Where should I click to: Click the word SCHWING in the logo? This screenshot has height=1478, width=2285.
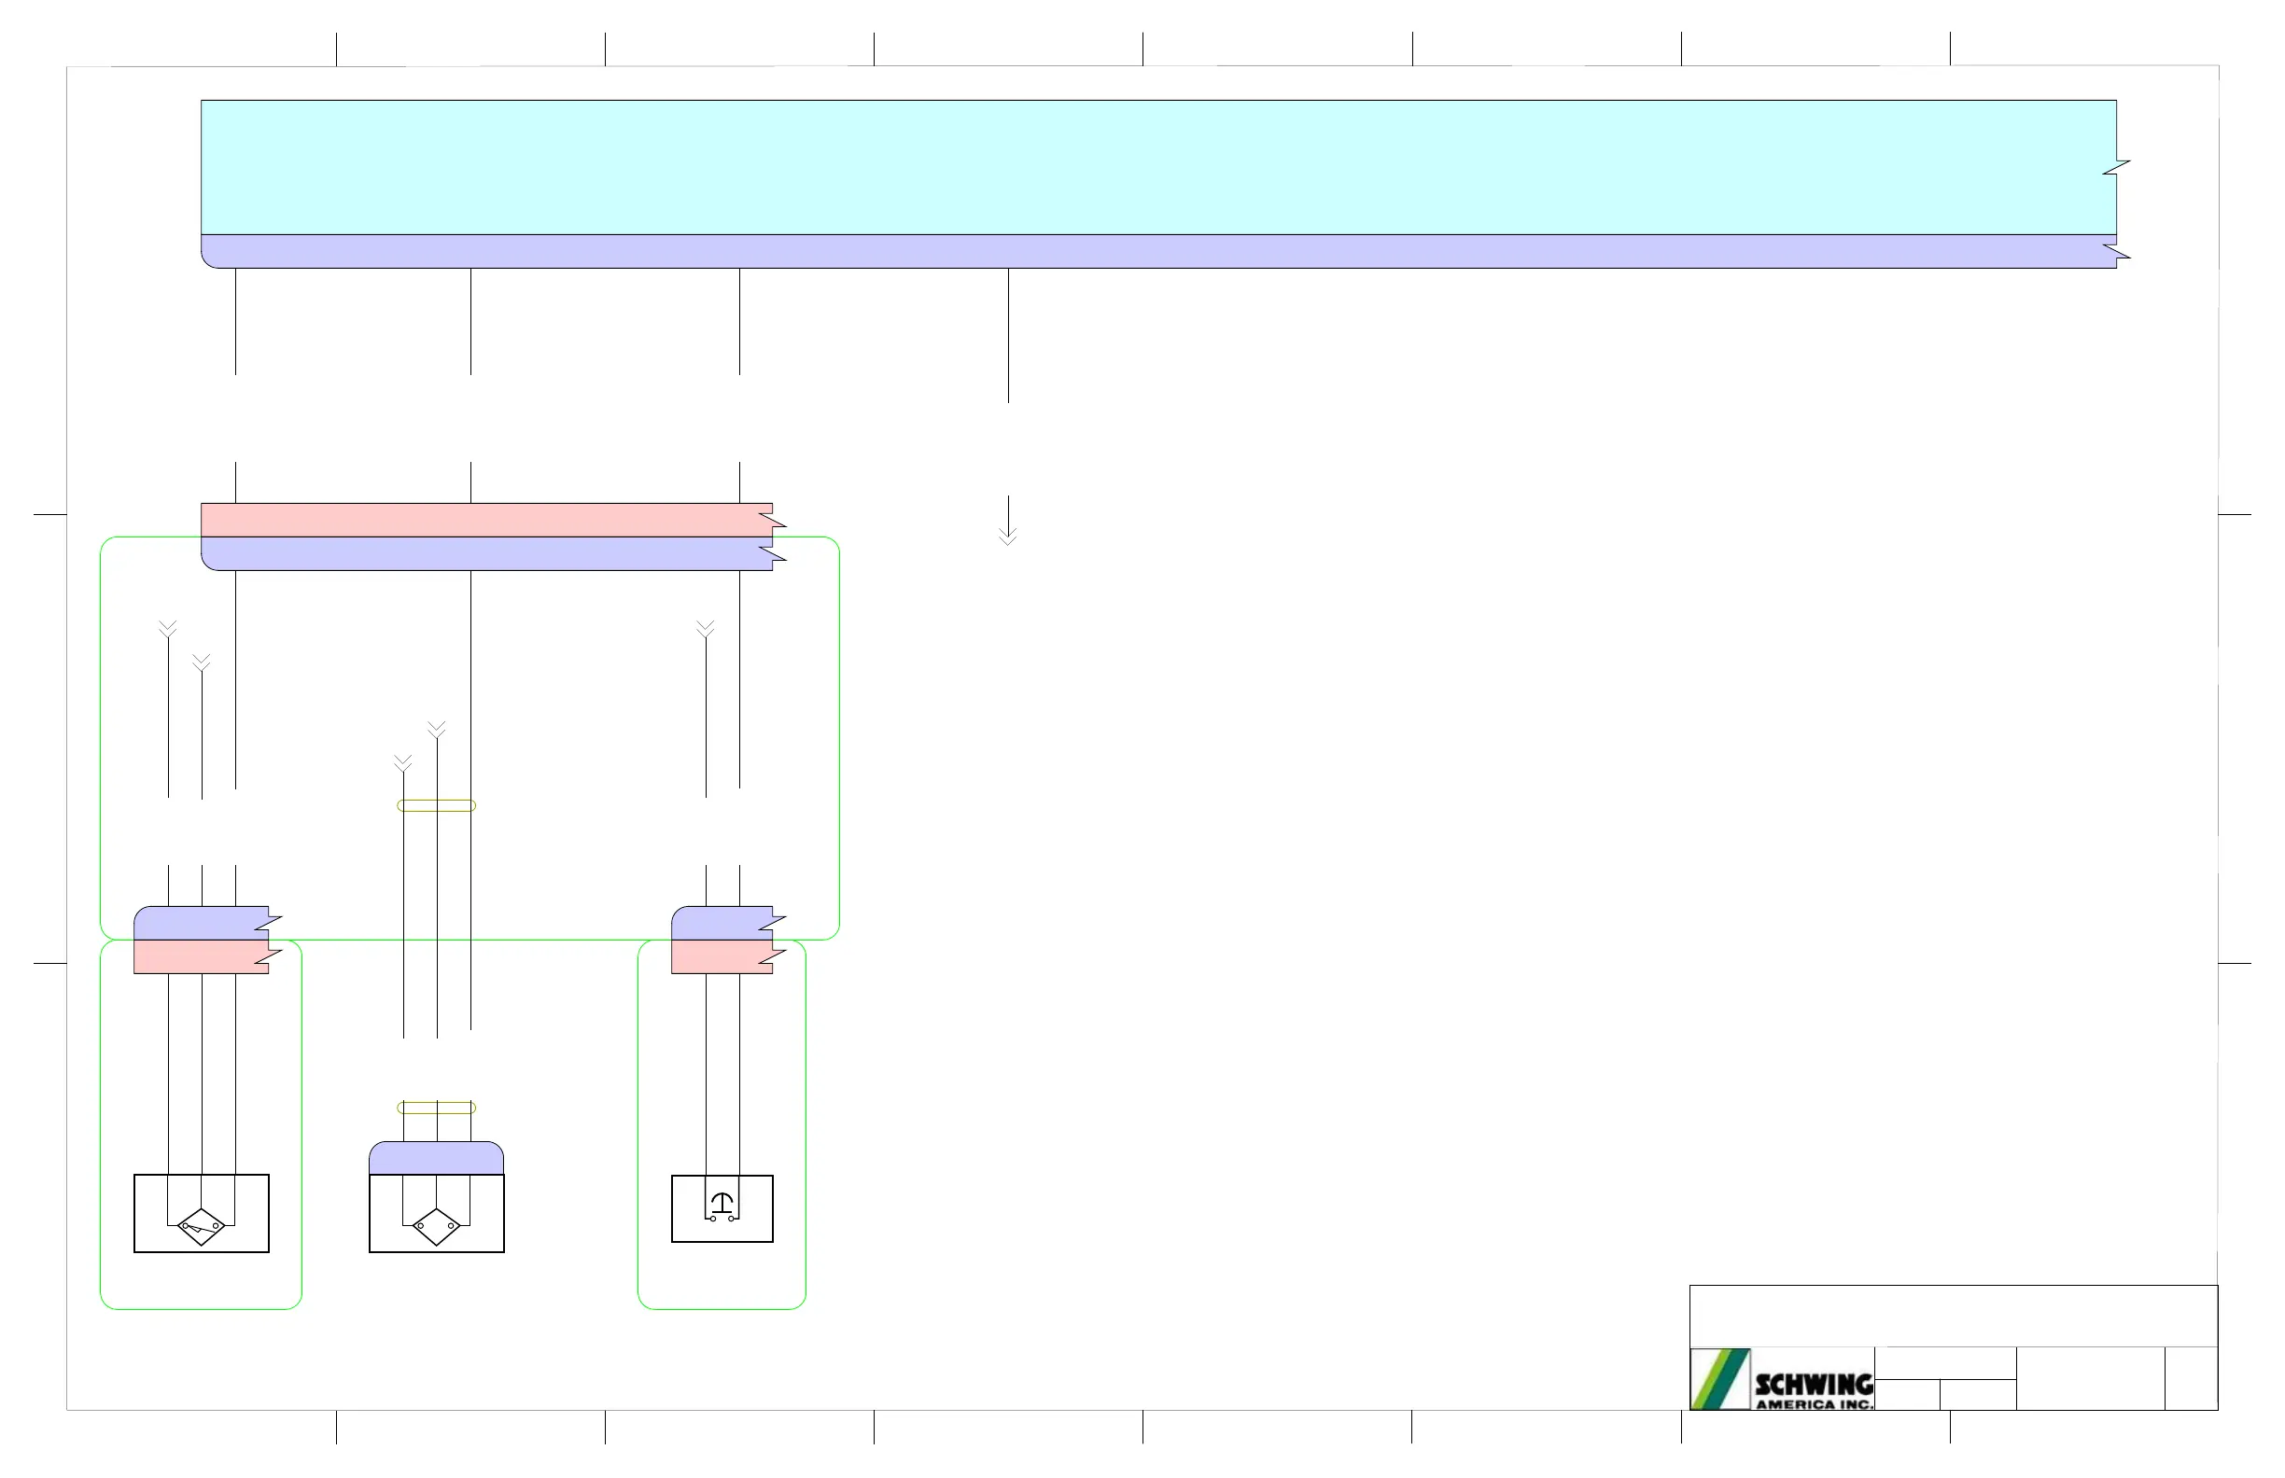coord(1814,1384)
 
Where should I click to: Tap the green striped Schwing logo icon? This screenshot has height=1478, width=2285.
coord(1719,1379)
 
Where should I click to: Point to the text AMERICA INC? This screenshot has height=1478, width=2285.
coord(1814,1404)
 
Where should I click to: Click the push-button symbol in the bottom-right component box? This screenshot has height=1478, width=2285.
coord(722,1206)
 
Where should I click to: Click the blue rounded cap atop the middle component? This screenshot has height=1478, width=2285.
coord(437,1158)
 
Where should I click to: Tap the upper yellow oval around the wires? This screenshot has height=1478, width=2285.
coord(437,805)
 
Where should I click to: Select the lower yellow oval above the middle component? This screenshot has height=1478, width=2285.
coord(437,1108)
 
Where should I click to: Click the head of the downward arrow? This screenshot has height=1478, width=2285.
coord(1008,537)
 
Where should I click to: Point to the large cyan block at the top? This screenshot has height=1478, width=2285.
coord(1152,167)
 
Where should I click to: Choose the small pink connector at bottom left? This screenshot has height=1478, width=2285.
coord(202,956)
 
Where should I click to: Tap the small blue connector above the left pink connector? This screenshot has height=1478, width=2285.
coord(202,923)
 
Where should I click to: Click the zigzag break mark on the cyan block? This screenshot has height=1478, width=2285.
coord(2116,168)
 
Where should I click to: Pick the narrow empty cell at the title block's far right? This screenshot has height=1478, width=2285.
coord(2191,1378)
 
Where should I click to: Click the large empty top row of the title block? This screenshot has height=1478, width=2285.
coord(1953,1316)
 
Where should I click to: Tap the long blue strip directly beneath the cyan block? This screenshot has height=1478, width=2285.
coord(1152,251)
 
